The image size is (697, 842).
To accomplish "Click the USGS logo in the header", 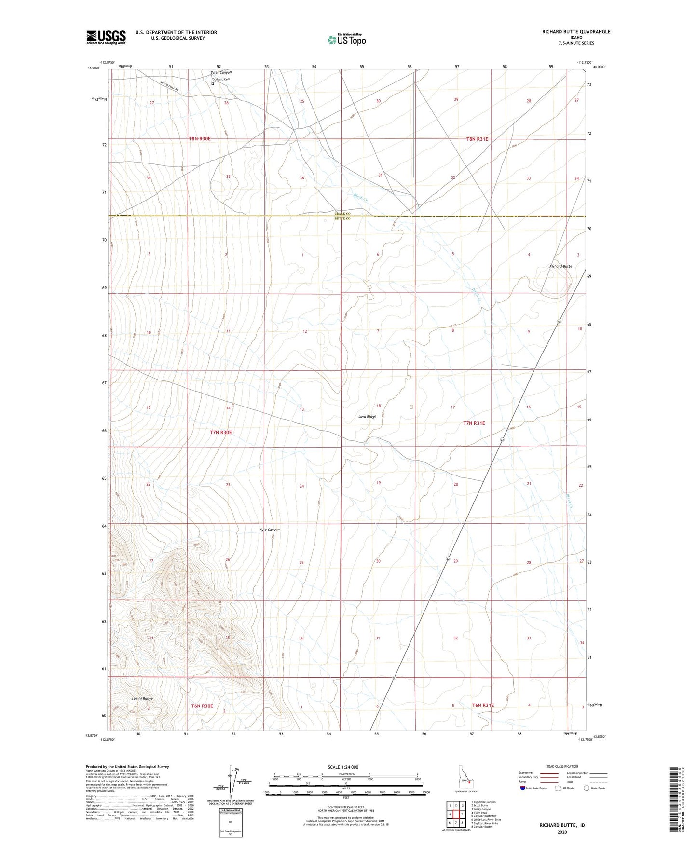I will point(106,37).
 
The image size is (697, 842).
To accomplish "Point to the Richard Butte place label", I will point(560,266).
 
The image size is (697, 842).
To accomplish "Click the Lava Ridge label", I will point(367,416).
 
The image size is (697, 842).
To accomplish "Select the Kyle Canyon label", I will point(270,530).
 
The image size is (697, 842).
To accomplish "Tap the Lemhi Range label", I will point(142,698).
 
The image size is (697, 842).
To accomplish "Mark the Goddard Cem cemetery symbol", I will point(213,83).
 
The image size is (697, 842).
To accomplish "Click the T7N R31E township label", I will point(474,423).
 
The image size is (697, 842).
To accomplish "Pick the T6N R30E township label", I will point(202,706).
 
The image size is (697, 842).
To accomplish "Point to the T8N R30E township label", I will point(200,139).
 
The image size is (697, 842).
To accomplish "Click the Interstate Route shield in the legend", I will point(523,788).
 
